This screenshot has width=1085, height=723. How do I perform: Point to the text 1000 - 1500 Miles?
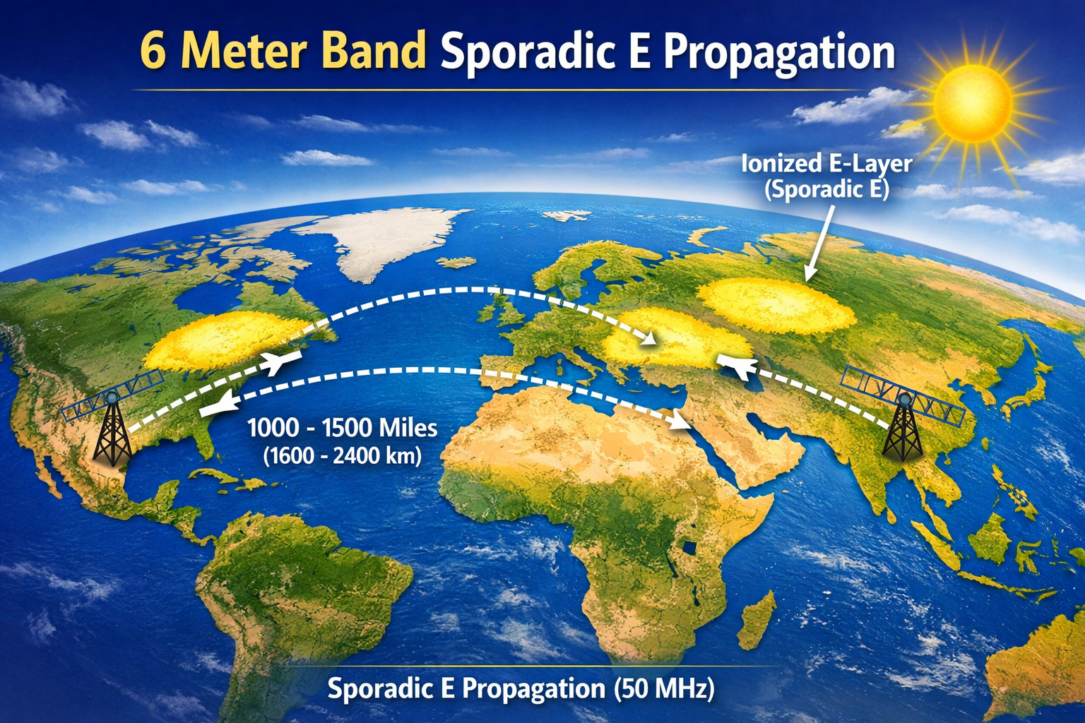click(x=342, y=428)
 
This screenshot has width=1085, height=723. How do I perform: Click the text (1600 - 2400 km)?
click(x=342, y=455)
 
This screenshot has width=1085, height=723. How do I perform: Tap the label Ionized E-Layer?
click(x=826, y=164)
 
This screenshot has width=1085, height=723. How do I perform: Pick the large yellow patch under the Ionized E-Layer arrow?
click(x=773, y=305)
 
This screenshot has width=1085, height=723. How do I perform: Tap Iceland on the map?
click(x=456, y=262)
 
